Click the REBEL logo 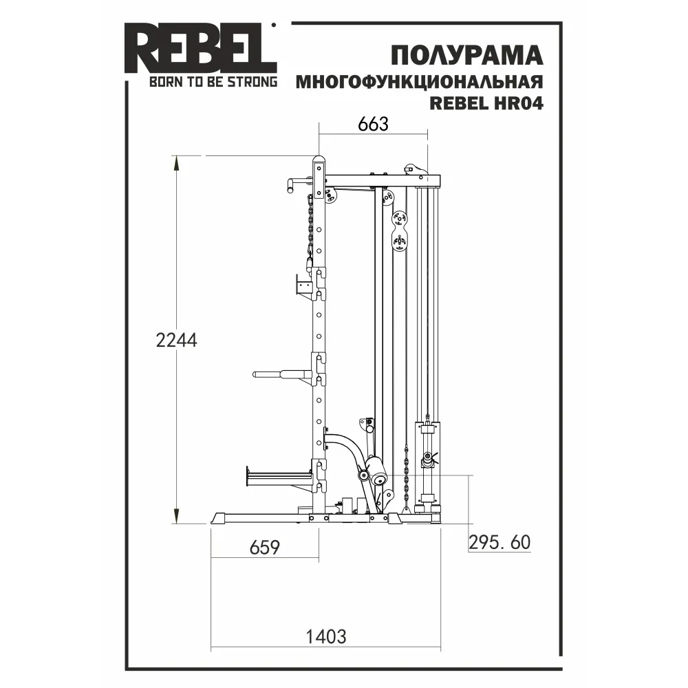point(200,48)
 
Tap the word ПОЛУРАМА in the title point(467,56)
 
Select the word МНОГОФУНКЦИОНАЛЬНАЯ point(420,82)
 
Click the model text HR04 point(519,103)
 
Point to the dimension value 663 point(373,124)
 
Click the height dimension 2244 point(176,340)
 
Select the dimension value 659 point(265,547)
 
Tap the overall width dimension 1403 point(325,636)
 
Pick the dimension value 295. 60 point(499,543)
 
